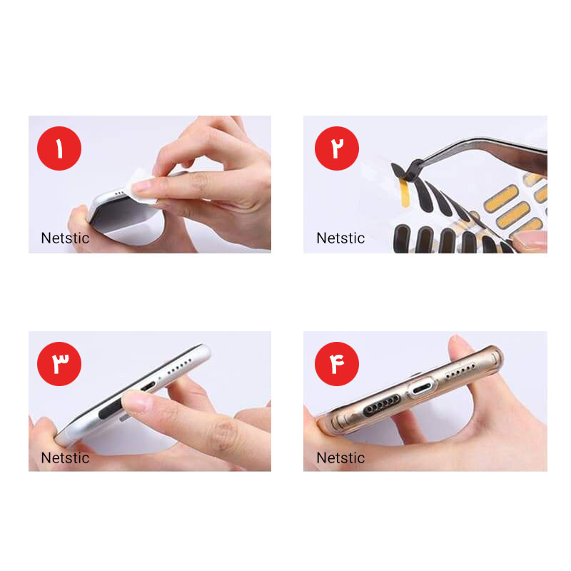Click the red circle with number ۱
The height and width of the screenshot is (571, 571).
[59, 148]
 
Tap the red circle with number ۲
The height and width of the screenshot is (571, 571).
[336, 148]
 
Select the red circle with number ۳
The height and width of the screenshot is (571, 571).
[59, 364]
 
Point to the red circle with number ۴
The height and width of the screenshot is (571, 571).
[336, 364]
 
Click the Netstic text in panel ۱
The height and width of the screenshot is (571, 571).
[65, 238]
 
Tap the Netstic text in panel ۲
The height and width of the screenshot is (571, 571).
[340, 238]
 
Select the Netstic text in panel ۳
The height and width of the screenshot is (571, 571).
[65, 458]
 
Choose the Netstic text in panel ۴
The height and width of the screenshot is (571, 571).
[340, 458]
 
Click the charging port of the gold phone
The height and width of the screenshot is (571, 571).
[423, 390]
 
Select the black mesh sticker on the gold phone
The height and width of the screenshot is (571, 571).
[382, 405]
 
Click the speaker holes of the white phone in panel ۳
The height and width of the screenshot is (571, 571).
[179, 366]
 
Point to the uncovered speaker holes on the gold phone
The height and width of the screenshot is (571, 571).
[460, 370]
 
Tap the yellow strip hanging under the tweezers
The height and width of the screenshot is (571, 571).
[404, 193]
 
